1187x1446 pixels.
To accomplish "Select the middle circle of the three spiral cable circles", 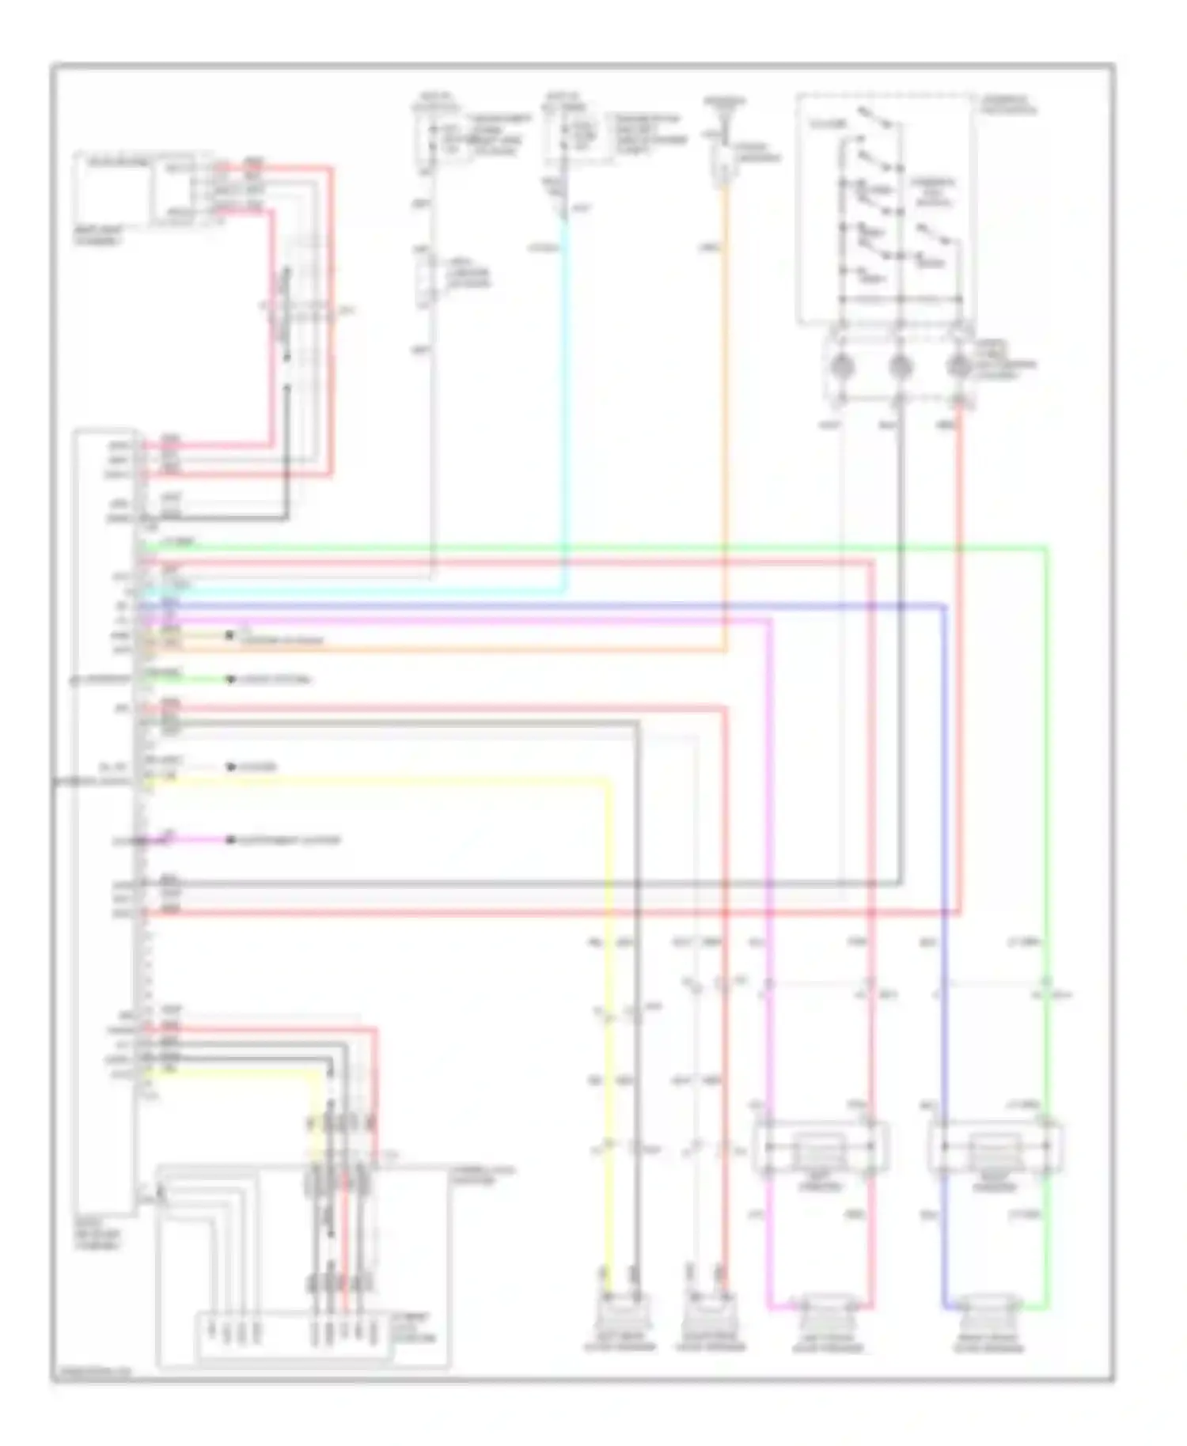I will pos(901,366).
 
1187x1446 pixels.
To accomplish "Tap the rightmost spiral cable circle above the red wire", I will pos(959,366).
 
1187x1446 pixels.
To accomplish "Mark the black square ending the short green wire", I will pos(231,679).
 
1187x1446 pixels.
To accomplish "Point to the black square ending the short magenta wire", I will pos(231,840).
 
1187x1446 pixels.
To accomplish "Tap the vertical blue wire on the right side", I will pos(945,791).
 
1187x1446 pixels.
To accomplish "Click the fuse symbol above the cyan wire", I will pos(564,137).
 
